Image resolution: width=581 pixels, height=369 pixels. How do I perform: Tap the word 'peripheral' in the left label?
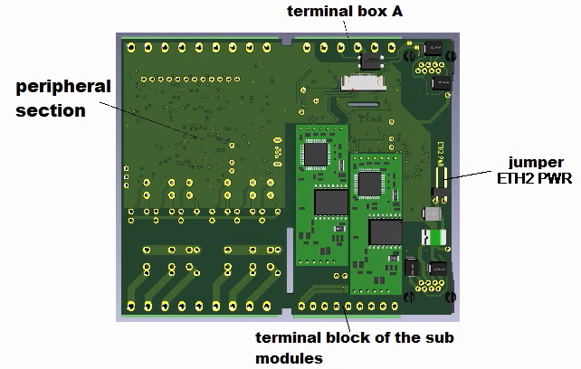[x=63, y=88]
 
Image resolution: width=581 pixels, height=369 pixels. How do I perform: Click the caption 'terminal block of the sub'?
[x=354, y=338]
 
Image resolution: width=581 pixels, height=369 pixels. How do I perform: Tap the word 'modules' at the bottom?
[x=289, y=358]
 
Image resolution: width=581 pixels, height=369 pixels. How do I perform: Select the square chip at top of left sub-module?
[x=316, y=154]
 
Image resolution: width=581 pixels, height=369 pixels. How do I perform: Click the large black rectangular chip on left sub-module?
[x=330, y=201]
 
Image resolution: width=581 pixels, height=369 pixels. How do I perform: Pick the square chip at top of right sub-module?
[x=369, y=184]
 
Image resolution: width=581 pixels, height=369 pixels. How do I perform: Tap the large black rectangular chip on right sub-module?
[x=385, y=232]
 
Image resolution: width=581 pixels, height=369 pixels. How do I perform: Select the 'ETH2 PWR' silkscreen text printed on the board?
[x=441, y=155]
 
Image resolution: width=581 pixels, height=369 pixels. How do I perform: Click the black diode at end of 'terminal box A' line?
[x=369, y=61]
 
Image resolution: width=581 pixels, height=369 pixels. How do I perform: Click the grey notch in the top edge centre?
[x=287, y=40]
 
